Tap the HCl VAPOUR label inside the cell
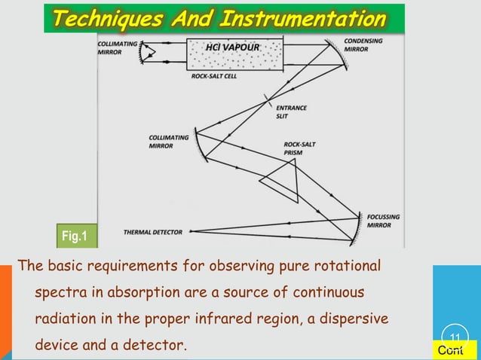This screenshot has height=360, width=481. click(x=233, y=47)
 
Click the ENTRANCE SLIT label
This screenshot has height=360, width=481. click(x=292, y=113)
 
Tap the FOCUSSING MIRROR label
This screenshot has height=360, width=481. click(x=383, y=221)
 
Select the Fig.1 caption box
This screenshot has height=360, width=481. click(x=74, y=237)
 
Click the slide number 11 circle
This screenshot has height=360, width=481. click(x=455, y=336)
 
